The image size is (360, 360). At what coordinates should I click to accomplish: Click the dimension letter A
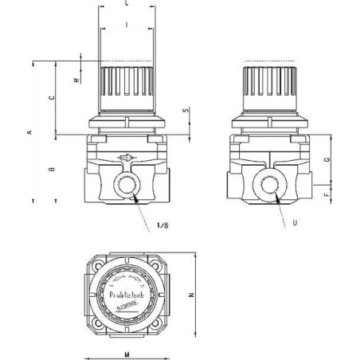point(30,132)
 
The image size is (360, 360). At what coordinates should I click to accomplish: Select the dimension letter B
point(52,170)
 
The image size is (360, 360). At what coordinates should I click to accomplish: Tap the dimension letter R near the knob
point(75,80)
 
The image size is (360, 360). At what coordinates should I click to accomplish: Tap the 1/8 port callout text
point(162,225)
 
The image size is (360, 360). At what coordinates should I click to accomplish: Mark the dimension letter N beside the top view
point(212,295)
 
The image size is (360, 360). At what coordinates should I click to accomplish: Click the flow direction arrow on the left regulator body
point(124,158)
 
